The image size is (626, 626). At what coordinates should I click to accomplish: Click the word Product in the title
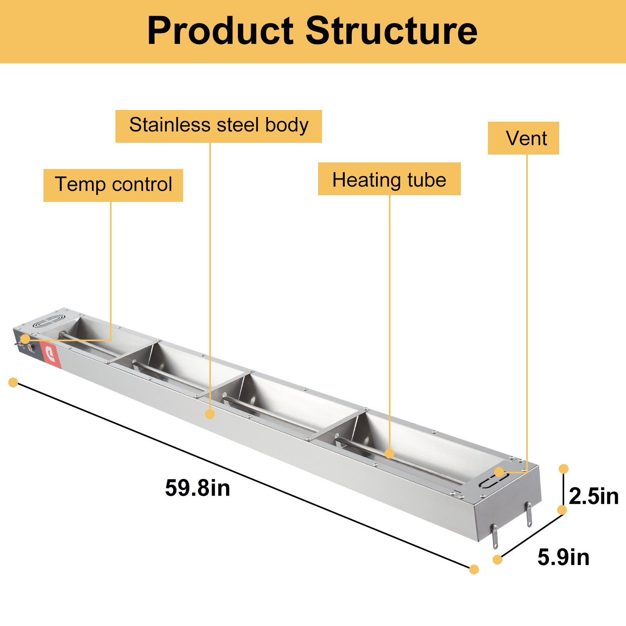coord(220,31)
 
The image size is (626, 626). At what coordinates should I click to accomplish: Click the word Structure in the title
coord(391,31)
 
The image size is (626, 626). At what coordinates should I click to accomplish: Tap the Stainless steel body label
coord(218,126)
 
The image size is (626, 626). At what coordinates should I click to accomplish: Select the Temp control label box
coord(113,185)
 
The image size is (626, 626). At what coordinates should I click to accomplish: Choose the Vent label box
coord(523,138)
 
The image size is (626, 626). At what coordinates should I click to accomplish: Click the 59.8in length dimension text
coord(198,488)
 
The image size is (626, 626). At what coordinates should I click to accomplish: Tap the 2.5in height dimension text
coord(593,496)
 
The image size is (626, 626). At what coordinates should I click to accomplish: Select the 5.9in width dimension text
coord(563,557)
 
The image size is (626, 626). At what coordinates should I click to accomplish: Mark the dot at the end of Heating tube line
coord(389,453)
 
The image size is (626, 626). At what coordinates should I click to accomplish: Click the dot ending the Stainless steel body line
coord(210,414)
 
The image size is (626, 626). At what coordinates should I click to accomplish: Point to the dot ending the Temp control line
coord(25,339)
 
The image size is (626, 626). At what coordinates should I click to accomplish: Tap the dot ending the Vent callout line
coord(499,472)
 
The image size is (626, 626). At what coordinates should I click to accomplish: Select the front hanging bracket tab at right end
coord(495,537)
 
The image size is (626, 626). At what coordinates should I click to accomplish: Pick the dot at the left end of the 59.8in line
coord(13,382)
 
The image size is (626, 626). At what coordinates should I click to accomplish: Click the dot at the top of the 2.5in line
coord(563,469)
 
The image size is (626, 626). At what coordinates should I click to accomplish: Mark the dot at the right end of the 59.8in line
coord(474,569)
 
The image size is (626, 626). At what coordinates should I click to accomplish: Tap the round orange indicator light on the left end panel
coord(30,347)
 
